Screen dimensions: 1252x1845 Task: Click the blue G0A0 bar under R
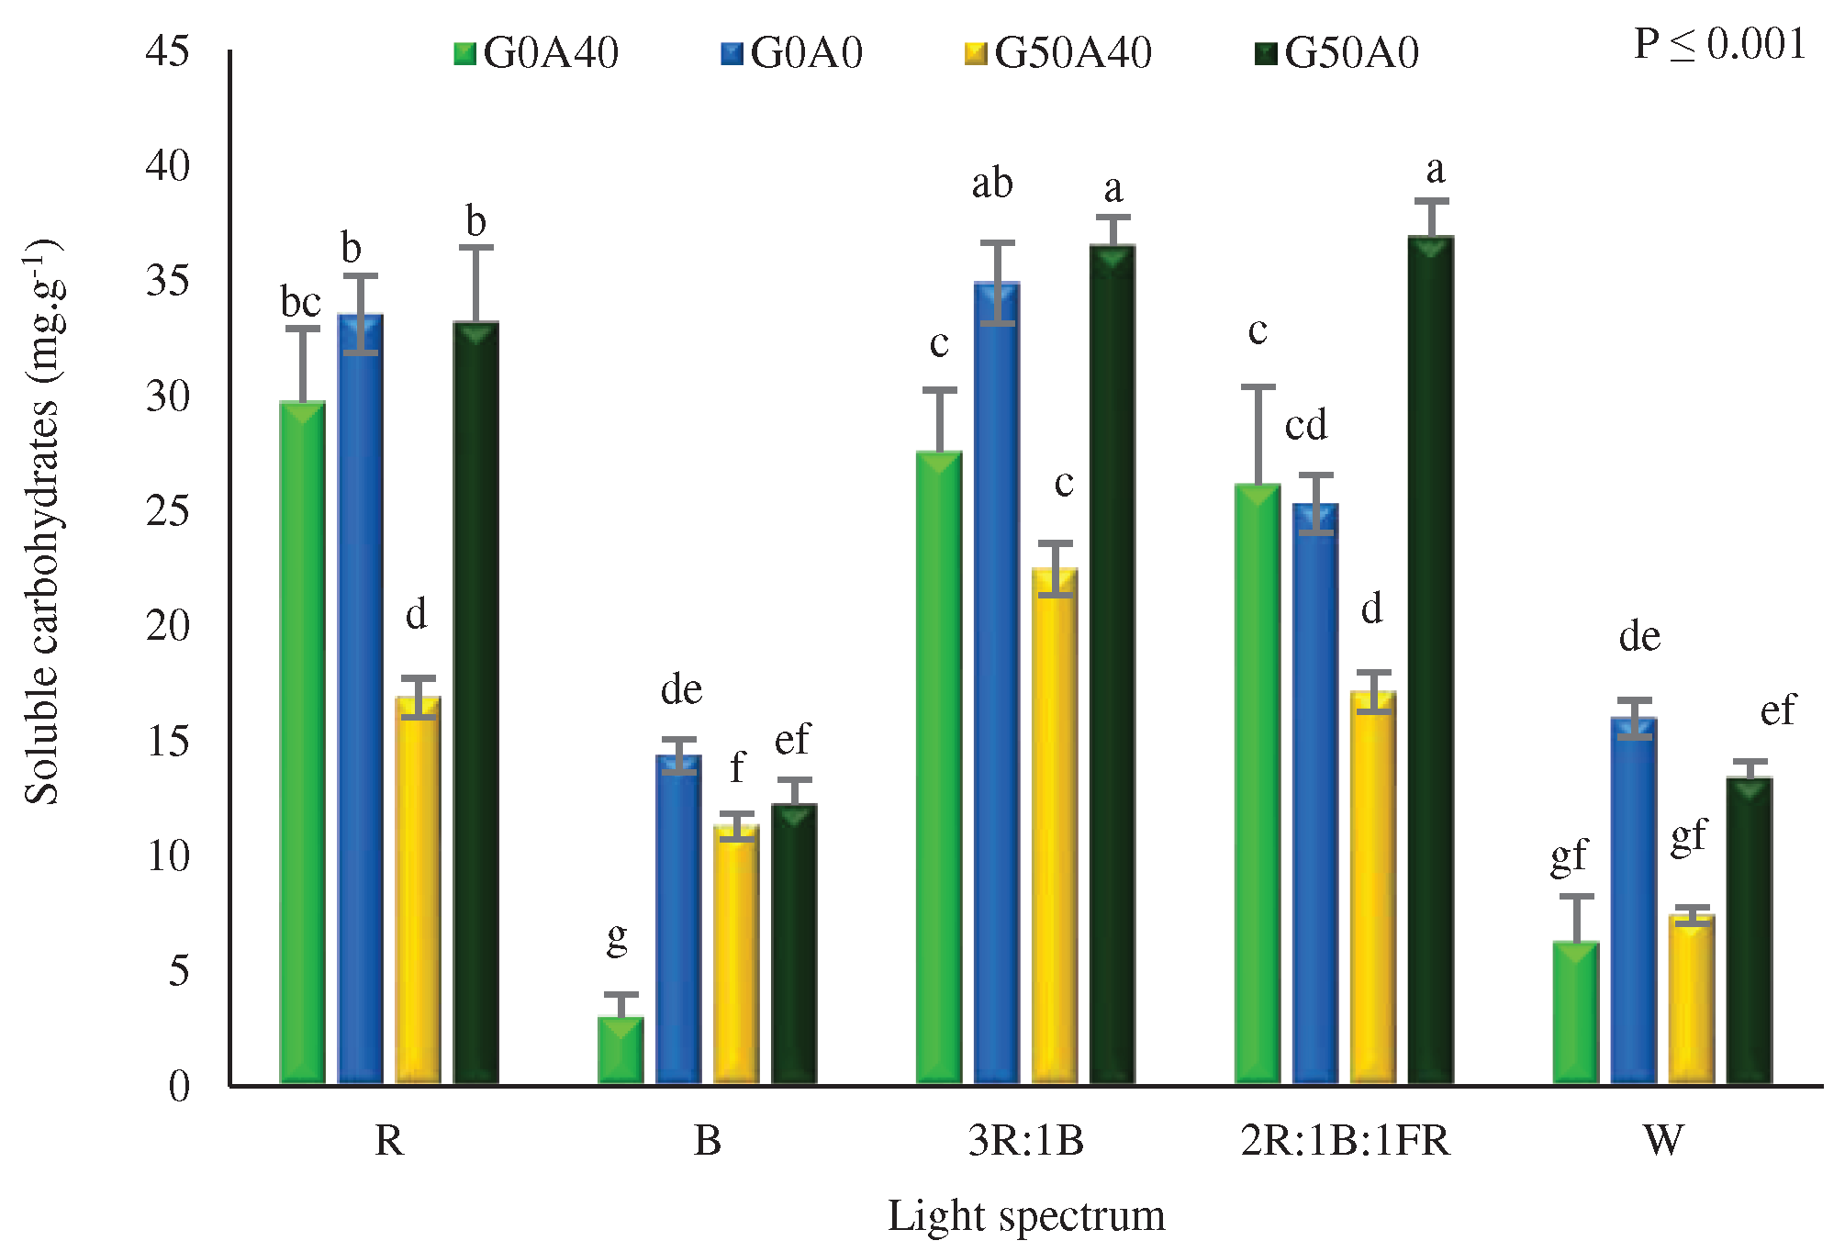pyautogui.click(x=360, y=698)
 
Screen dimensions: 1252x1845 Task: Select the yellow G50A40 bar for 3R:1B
pyautogui.click(x=1055, y=826)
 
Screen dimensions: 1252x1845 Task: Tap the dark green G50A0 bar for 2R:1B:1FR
pyautogui.click(x=1431, y=661)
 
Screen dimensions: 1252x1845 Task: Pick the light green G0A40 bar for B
pyautogui.click(x=621, y=1050)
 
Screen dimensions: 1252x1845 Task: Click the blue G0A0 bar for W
pyautogui.click(x=1634, y=900)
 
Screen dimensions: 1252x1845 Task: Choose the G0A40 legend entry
pyautogui.click(x=537, y=53)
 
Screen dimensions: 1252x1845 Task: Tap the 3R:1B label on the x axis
pyautogui.click(x=1025, y=1141)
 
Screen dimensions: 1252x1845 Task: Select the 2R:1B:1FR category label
pyautogui.click(x=1345, y=1141)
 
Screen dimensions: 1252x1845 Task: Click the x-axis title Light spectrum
pyautogui.click(x=1025, y=1216)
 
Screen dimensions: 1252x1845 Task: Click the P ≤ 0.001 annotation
pyautogui.click(x=1719, y=44)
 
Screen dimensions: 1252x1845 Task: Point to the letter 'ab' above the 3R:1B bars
pyautogui.click(x=992, y=184)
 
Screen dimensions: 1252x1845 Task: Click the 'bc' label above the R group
pyautogui.click(x=300, y=302)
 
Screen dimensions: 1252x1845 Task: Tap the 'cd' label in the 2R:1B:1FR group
pyautogui.click(x=1305, y=425)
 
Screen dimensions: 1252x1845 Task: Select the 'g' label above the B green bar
pyautogui.click(x=618, y=938)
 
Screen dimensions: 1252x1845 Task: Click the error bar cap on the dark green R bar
pyautogui.click(x=476, y=247)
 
